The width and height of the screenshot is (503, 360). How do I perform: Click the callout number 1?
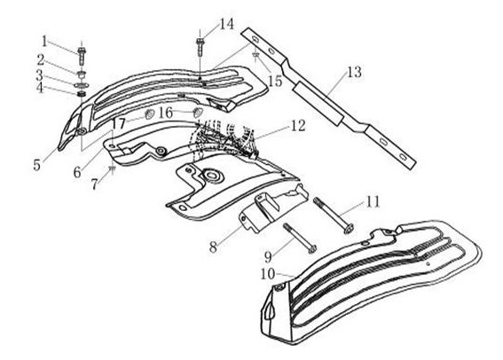tap(44, 42)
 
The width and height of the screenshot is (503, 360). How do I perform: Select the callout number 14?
tap(227, 24)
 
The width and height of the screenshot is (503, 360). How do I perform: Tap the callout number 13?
tap(354, 72)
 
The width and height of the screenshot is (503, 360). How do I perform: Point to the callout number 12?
tap(298, 126)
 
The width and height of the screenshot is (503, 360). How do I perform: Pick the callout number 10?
tap(268, 274)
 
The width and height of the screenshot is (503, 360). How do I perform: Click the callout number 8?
tap(213, 247)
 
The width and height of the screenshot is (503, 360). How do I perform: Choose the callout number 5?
tap(37, 165)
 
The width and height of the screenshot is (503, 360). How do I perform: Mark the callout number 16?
tap(166, 113)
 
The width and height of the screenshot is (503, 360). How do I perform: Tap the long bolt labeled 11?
tap(333, 215)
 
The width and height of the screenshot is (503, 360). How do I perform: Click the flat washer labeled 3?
tap(82, 86)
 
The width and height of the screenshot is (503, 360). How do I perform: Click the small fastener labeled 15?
tap(255, 55)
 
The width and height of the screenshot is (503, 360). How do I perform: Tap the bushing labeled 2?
tap(82, 75)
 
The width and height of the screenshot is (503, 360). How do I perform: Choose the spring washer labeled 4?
tap(82, 94)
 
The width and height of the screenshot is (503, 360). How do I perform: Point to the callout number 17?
tap(118, 123)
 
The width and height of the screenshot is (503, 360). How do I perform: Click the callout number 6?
tap(77, 173)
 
